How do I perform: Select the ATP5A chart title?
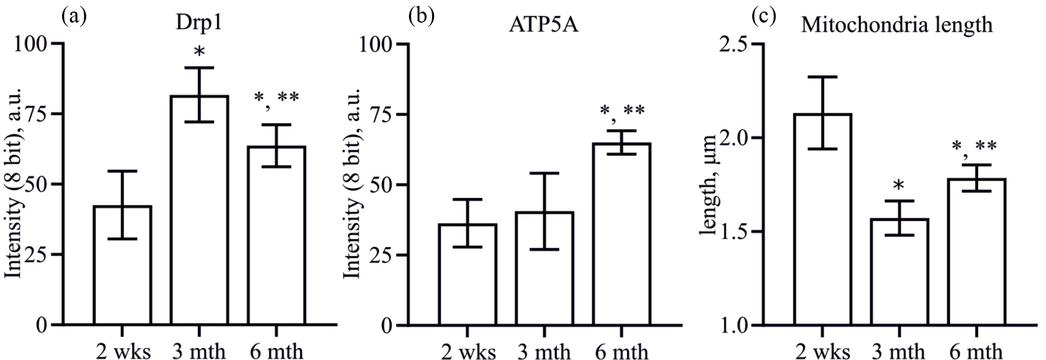pos(544,25)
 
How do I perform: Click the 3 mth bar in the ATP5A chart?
pos(545,268)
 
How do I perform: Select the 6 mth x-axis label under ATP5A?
pos(622,351)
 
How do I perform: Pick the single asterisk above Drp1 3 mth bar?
pos(200,52)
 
